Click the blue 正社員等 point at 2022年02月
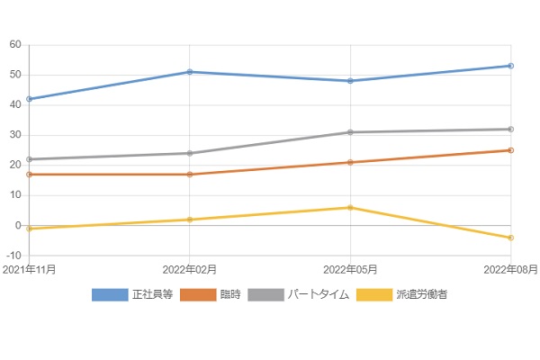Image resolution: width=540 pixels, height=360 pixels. pyautogui.click(x=190, y=72)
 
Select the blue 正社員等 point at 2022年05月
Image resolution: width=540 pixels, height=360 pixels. pyautogui.click(x=350, y=81)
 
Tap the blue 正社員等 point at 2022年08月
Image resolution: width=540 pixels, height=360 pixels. pyautogui.click(x=510, y=66)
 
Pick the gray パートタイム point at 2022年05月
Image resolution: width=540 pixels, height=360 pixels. pyautogui.click(x=350, y=132)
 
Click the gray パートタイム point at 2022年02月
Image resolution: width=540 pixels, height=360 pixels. pyautogui.click(x=190, y=153)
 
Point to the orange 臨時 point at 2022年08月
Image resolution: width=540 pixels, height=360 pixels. pyautogui.click(x=510, y=150)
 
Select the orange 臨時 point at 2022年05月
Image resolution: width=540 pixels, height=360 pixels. pyautogui.click(x=350, y=163)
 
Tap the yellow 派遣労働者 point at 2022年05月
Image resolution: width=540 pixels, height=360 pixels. pyautogui.click(x=350, y=208)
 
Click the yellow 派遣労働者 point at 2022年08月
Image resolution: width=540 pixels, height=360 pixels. pyautogui.click(x=510, y=238)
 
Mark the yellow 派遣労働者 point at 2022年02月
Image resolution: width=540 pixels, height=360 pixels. pyautogui.click(x=190, y=220)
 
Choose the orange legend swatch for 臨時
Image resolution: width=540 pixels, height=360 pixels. pyautogui.click(x=198, y=294)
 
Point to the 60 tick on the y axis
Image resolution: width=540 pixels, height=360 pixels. pyautogui.click(x=15, y=45)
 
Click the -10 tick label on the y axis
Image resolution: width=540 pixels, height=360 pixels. pyautogui.click(x=13, y=256)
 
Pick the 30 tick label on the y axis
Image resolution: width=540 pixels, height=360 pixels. pyautogui.click(x=15, y=135)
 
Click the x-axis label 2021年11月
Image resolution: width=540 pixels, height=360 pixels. pyautogui.click(x=30, y=269)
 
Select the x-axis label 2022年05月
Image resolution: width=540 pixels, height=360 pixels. pyautogui.click(x=350, y=269)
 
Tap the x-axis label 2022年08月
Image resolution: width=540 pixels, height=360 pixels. pyautogui.click(x=509, y=269)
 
